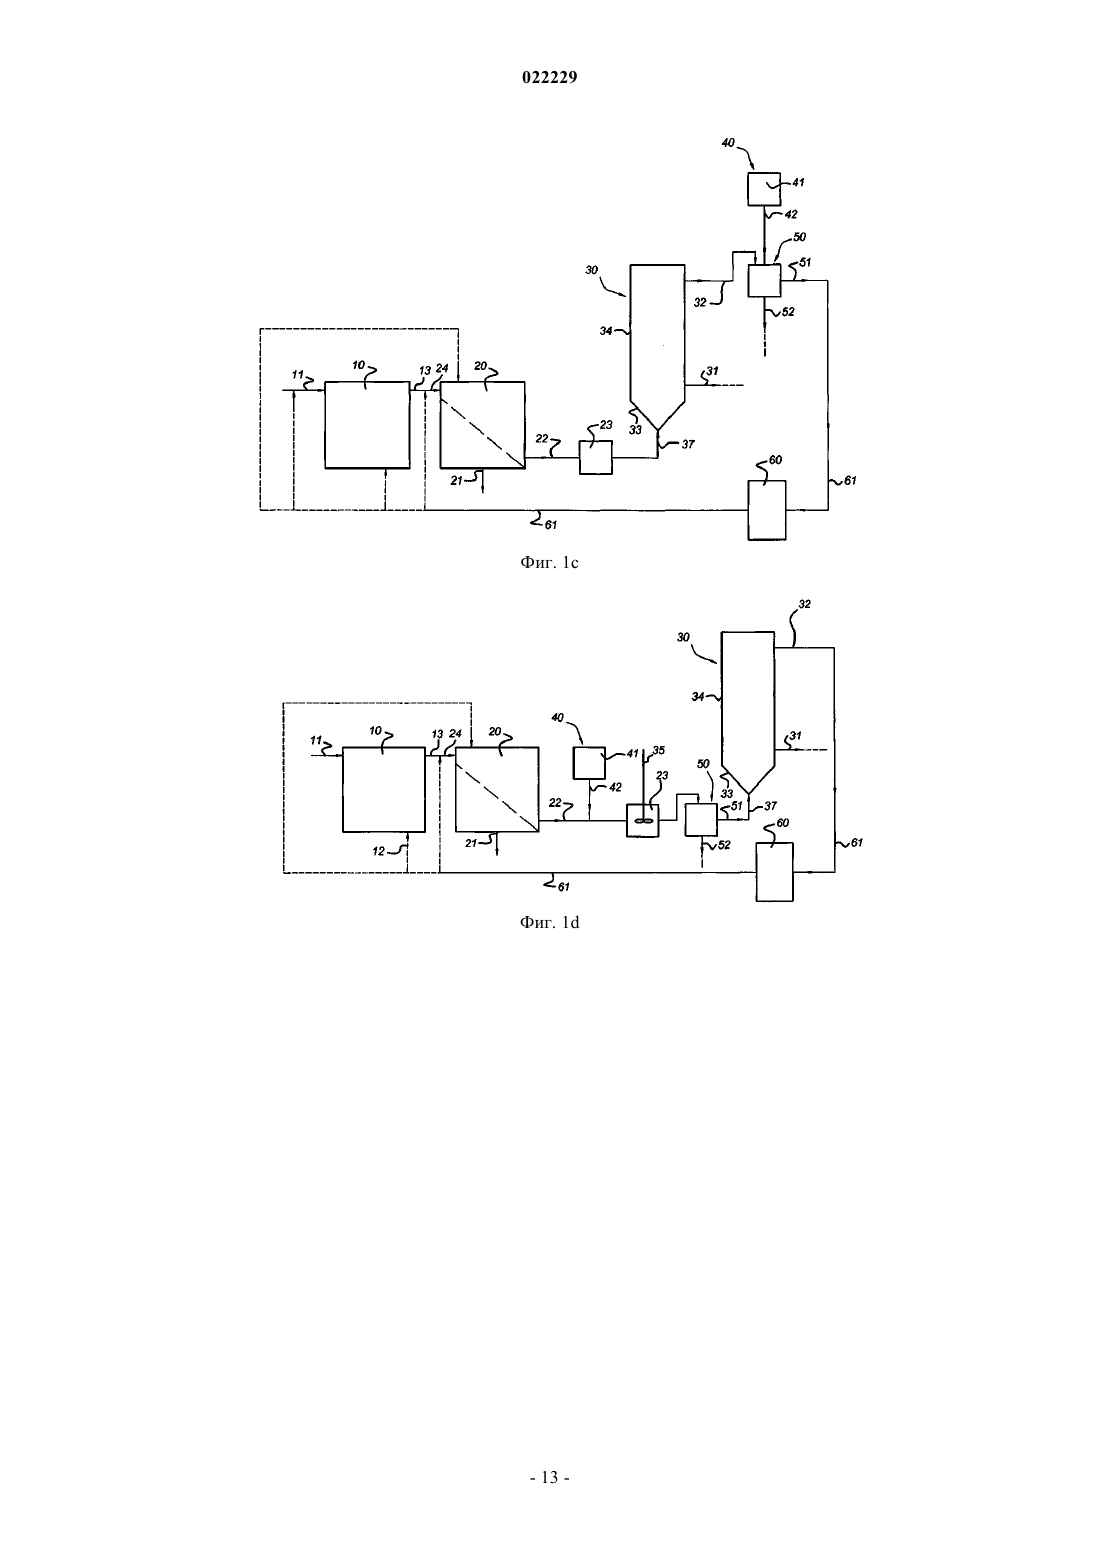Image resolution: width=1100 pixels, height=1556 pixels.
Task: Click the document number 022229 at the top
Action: pos(549,78)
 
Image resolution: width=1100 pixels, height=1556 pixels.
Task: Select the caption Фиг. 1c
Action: pos(549,563)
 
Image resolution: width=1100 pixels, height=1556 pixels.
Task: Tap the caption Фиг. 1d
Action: pos(549,922)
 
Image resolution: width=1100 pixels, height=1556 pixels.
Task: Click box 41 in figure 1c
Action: pos(764,189)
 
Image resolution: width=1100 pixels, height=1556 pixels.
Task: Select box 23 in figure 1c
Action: pos(596,458)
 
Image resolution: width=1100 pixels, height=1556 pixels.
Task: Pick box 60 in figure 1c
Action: pos(767,510)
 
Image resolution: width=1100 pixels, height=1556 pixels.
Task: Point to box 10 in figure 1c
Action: pos(367,424)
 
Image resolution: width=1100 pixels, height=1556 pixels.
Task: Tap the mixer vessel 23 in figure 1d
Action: pos(642,820)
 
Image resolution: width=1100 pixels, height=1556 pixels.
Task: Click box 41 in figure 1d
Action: pos(589,763)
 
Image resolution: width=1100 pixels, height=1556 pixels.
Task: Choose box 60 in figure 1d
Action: pos(774,872)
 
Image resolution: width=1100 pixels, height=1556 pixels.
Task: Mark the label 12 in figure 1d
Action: pos(378,851)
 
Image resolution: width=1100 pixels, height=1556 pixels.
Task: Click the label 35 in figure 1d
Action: pos(659,750)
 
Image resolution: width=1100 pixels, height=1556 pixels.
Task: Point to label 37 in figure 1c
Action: pos(688,445)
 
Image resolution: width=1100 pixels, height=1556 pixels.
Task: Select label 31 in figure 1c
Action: pos(712,372)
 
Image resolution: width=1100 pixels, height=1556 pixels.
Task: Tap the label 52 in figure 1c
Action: pos(788,312)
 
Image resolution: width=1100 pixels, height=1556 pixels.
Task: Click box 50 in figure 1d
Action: pos(701,819)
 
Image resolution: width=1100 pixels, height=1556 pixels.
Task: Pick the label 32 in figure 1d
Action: pos(804,604)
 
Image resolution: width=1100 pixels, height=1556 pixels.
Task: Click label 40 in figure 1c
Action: pos(728,143)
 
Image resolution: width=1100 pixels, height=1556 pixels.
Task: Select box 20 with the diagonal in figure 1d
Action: pos(497,789)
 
